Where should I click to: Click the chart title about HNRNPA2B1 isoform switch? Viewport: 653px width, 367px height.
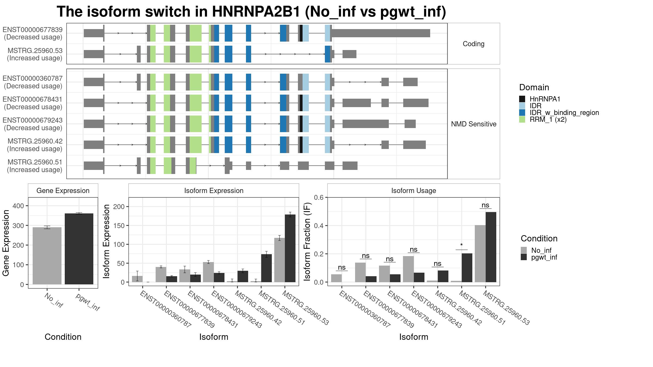[x=251, y=12]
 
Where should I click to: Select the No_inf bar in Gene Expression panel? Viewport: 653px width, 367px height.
[x=47, y=256]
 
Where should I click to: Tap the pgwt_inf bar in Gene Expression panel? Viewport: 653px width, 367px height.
[x=79, y=249]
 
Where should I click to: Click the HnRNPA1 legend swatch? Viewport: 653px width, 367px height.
[x=522, y=99]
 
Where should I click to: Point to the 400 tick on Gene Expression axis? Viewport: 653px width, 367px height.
[x=18, y=206]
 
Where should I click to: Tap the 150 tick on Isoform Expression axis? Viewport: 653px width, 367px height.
[x=119, y=226]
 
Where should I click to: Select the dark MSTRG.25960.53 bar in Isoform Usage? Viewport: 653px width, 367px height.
[x=491, y=247]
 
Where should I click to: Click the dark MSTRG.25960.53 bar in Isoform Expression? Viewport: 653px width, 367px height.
[x=290, y=248]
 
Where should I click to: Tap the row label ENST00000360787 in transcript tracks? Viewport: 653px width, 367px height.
[x=33, y=78]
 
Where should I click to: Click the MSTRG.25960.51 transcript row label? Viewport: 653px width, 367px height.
[x=35, y=162]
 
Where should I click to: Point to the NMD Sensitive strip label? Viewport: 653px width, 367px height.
[x=474, y=124]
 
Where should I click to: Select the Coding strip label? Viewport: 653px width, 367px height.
[x=474, y=44]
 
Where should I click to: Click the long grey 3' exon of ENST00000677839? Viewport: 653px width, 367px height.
[x=381, y=33]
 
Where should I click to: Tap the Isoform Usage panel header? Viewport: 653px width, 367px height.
[x=414, y=191]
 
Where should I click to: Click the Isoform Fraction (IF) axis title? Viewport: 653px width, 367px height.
[x=307, y=242]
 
